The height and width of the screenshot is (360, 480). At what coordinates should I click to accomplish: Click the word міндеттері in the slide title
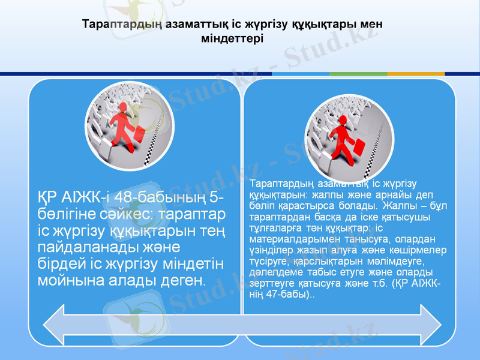(232, 37)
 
